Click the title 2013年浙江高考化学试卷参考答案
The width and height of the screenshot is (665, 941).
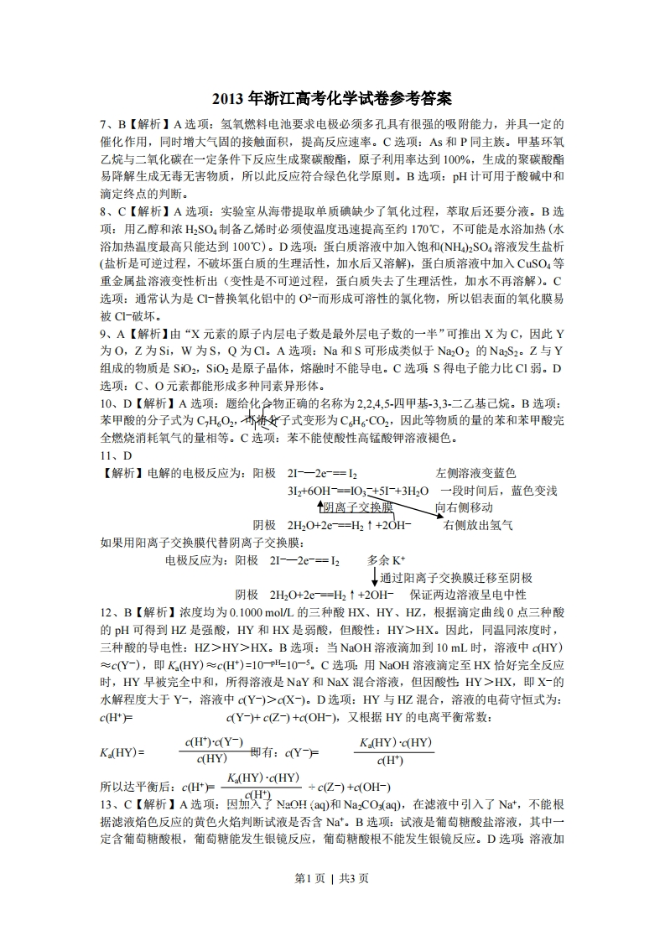tap(332, 98)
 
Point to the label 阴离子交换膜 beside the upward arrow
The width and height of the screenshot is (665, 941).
tap(358, 507)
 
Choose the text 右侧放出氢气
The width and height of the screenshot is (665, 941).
tap(478, 525)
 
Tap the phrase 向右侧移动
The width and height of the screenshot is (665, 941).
tap(464, 507)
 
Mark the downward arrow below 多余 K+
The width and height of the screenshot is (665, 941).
tap(374, 577)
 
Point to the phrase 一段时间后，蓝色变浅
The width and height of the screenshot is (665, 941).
tap(499, 491)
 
